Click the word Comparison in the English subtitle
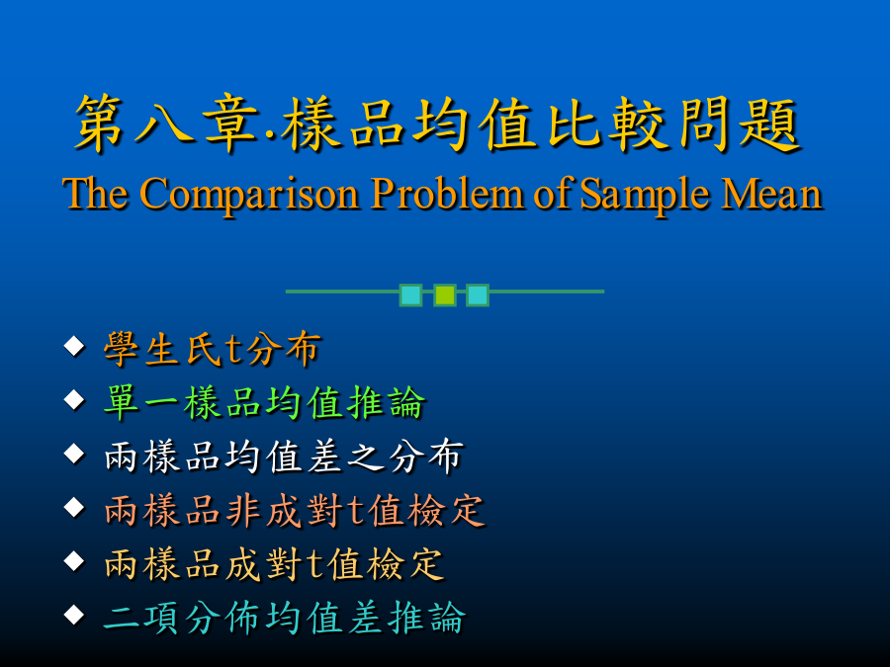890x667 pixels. [x=250, y=195]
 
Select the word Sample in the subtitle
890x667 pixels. [x=645, y=195]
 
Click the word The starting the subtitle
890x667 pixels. [x=95, y=193]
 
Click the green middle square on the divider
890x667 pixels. [x=445, y=294]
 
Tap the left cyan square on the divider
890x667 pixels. [x=411, y=294]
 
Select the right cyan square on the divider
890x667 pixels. [x=478, y=294]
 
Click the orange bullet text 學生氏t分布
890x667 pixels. [x=213, y=348]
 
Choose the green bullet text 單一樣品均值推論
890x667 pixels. [x=264, y=402]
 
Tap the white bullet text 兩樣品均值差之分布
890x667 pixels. [x=285, y=456]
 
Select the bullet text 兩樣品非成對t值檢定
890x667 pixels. [x=295, y=510]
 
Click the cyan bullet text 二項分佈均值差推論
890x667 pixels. [x=285, y=618]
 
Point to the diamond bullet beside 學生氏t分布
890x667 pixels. [x=74, y=346]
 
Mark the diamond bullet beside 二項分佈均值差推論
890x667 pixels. [x=74, y=615]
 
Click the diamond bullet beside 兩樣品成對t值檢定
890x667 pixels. [x=74, y=561]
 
